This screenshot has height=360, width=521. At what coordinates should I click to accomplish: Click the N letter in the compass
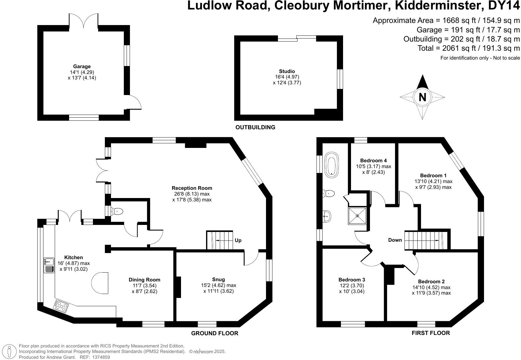tap(422, 97)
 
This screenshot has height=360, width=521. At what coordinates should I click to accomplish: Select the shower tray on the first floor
tap(357, 216)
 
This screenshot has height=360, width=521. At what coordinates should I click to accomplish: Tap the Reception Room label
tap(192, 188)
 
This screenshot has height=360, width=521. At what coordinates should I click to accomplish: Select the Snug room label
tap(218, 279)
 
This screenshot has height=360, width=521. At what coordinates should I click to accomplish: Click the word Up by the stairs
tap(238, 241)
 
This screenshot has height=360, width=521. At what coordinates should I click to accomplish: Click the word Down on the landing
tap(395, 240)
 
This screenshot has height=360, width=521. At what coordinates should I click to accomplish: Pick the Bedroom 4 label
tap(373, 160)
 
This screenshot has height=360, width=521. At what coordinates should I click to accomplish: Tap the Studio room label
tap(287, 71)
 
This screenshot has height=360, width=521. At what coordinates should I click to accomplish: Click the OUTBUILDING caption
tap(255, 127)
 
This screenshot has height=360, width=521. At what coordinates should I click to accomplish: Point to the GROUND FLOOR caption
tap(215, 333)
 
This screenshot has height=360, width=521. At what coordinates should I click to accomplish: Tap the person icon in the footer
tap(11, 351)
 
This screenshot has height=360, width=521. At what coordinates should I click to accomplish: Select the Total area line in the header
tap(468, 48)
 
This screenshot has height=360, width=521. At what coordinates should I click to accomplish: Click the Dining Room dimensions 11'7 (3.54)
tap(144, 285)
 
